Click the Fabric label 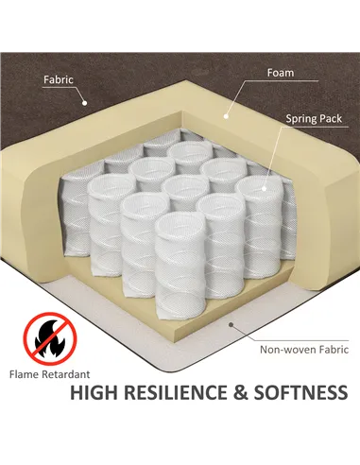59,79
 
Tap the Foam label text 281,73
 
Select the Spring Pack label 314,119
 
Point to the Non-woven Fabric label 304,350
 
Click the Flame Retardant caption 49,374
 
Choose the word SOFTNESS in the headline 300,392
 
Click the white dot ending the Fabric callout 84,102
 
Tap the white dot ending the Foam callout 226,116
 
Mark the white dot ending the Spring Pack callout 264,189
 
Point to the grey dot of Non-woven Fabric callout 231,324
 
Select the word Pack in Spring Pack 330,119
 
